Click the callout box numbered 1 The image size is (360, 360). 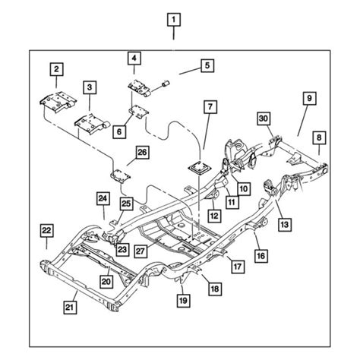(175, 19)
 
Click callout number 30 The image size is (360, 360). (264, 118)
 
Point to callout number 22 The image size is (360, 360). (47, 230)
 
